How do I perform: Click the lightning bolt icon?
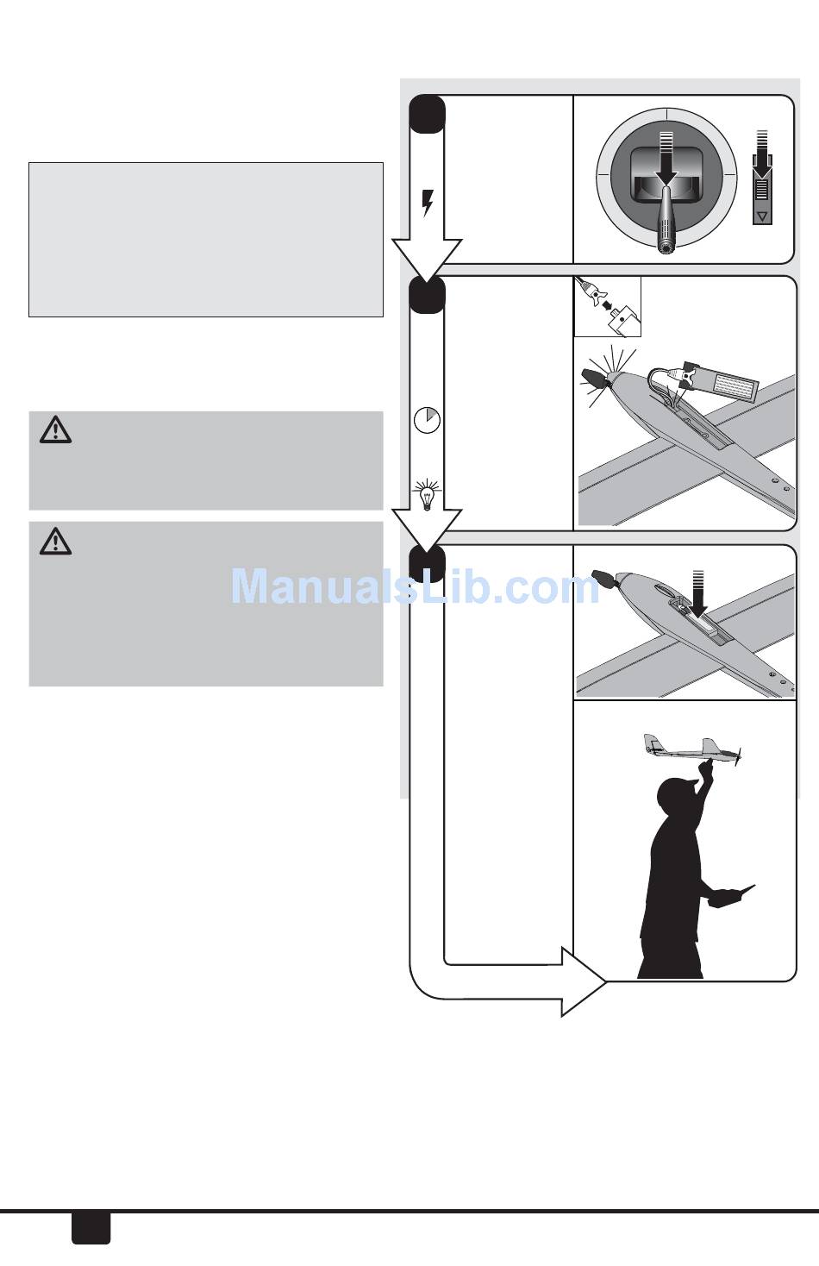pos(427,204)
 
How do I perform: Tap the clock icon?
pos(427,419)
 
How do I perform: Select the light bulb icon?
pos(426,495)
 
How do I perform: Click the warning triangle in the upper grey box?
pos(55,429)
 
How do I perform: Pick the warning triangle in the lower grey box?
pos(55,541)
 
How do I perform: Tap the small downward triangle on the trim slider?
pos(761,214)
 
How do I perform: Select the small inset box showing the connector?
pos(608,306)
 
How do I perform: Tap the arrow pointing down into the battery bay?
pos(697,592)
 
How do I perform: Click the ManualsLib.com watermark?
pos(415,587)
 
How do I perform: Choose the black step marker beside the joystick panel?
pos(427,114)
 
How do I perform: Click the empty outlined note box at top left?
pos(205,239)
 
